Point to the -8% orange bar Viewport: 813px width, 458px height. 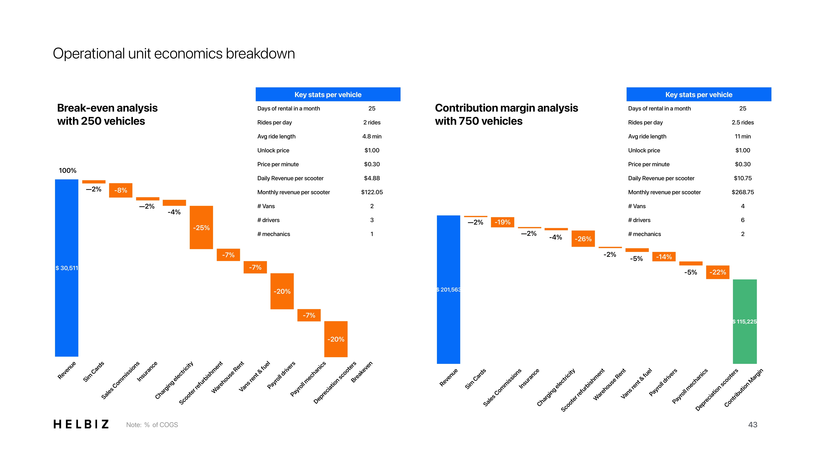click(x=121, y=190)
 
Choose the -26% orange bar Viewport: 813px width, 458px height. click(x=583, y=239)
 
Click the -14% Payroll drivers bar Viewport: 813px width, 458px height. click(x=664, y=257)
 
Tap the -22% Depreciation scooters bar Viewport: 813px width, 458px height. click(x=717, y=272)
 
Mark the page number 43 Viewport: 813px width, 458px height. click(x=752, y=425)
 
